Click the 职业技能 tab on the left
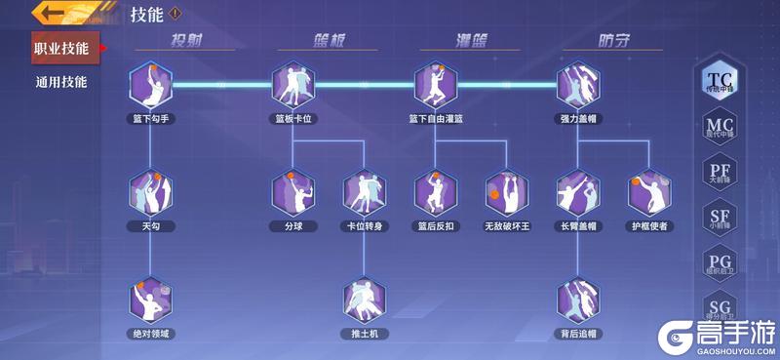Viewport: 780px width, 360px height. (x=61, y=48)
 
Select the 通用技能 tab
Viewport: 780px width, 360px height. (x=61, y=82)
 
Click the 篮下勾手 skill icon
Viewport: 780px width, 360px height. (x=150, y=86)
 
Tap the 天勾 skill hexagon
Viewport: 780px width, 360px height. (x=150, y=193)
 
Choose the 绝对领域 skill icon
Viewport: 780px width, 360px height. (x=150, y=301)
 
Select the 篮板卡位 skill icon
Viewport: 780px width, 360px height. (x=292, y=86)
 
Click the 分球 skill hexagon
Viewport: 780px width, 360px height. (x=292, y=193)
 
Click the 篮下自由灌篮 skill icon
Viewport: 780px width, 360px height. (x=436, y=86)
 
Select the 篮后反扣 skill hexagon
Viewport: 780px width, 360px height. (x=436, y=193)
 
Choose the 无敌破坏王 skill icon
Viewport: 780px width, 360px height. (x=507, y=193)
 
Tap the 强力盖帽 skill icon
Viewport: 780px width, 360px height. (x=578, y=86)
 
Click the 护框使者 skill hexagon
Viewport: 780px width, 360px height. (x=649, y=193)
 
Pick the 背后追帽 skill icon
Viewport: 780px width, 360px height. (x=578, y=301)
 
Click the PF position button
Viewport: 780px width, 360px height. (x=720, y=174)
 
